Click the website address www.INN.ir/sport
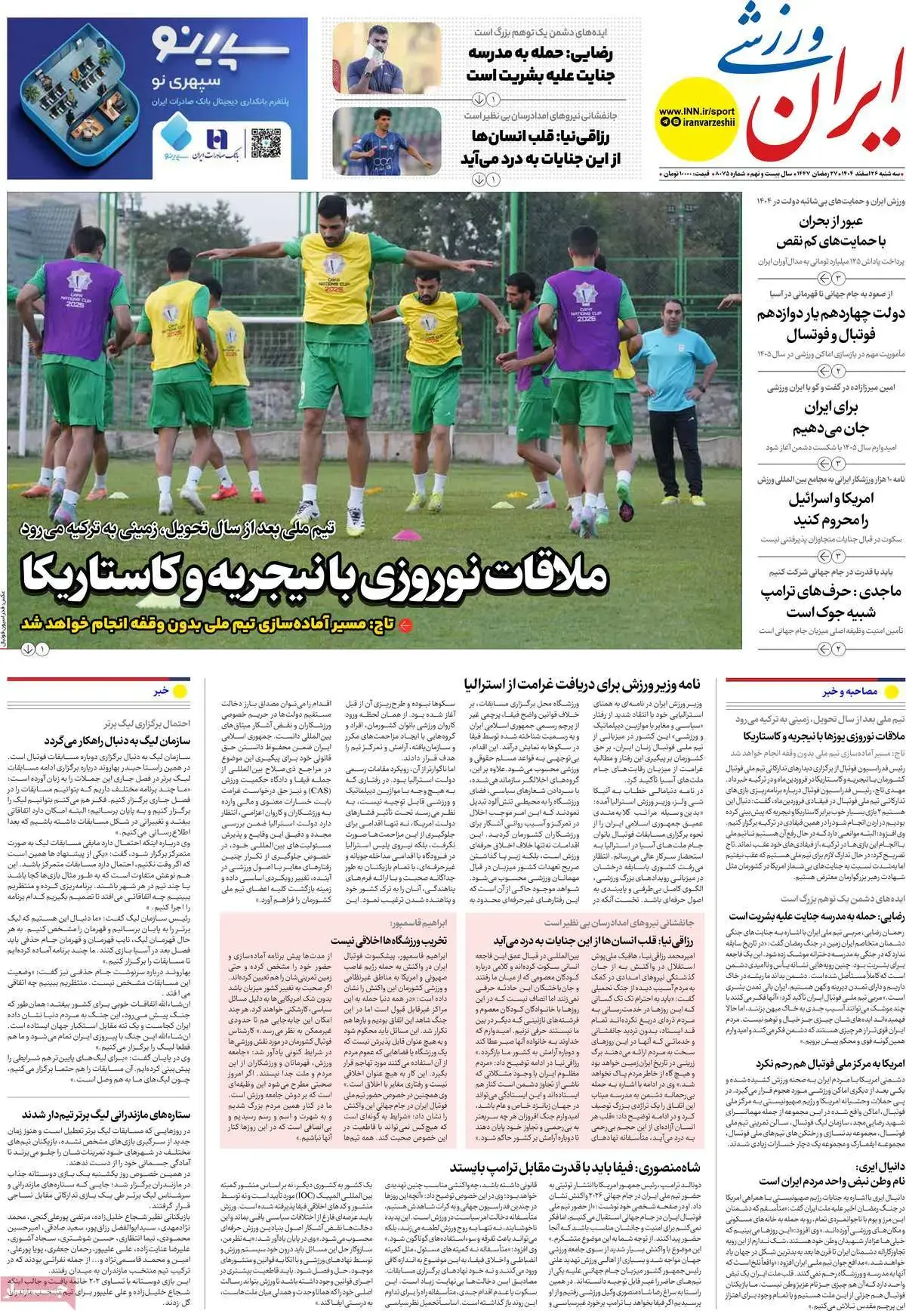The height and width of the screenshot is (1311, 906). click(696, 111)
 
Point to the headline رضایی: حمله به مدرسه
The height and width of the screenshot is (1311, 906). click(540, 64)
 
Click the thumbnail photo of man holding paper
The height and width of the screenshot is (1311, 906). click(387, 59)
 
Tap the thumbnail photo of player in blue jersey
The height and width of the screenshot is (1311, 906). click(387, 142)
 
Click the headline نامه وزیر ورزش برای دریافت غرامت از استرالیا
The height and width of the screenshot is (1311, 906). click(582, 685)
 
